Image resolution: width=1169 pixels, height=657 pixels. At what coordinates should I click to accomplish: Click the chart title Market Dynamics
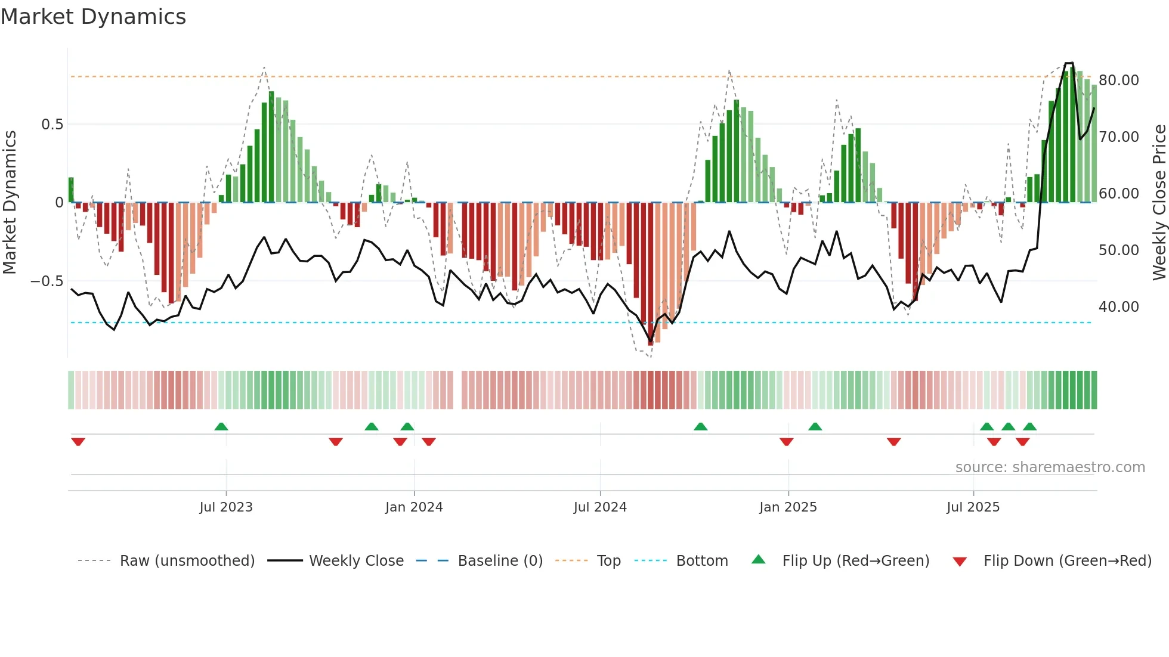93,17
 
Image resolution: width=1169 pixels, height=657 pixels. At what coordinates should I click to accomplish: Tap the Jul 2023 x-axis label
226,507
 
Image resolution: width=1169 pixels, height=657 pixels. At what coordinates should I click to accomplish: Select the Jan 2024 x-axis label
414,507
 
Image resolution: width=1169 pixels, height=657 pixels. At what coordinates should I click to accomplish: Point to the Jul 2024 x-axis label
600,507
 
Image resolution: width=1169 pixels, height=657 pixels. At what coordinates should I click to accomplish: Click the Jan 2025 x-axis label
788,507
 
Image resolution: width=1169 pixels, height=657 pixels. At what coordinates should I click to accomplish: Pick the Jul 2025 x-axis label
973,507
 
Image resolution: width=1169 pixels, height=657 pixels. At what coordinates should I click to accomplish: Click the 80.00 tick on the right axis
1118,80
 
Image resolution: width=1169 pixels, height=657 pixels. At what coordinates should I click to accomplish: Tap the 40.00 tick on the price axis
1118,307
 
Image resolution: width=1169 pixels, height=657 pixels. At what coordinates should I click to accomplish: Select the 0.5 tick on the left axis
52,125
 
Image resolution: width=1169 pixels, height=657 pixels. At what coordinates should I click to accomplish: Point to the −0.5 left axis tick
47,281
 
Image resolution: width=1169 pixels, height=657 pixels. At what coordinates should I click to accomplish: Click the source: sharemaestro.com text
1050,467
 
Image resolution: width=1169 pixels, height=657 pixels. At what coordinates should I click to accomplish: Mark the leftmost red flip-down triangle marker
78,442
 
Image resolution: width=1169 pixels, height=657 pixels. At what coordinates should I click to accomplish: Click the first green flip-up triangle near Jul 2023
221,426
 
